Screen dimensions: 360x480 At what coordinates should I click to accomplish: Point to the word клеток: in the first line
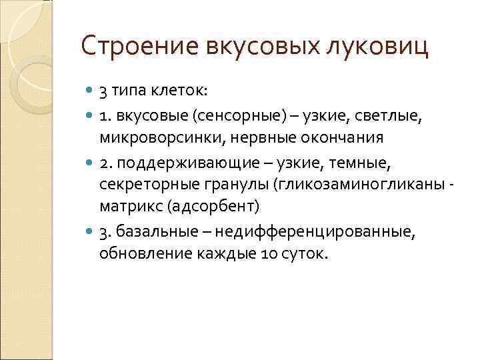[179, 91]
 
